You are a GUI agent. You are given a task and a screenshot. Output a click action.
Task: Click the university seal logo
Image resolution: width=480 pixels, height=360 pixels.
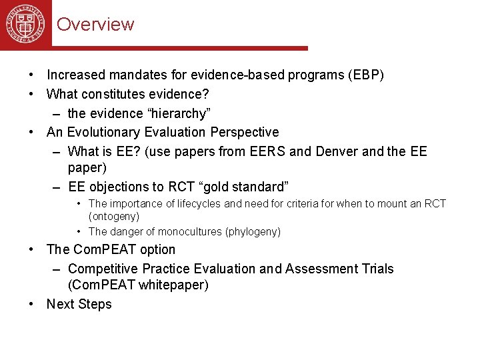pyautogui.click(x=25, y=24)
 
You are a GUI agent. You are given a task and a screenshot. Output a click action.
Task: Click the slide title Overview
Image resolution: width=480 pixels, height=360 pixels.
pyautogui.click(x=95, y=25)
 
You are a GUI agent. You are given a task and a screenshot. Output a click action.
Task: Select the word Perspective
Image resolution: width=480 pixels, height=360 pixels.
pyautogui.click(x=245, y=132)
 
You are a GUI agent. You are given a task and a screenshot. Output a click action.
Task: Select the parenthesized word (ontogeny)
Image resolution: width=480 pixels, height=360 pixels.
pyautogui.click(x=114, y=217)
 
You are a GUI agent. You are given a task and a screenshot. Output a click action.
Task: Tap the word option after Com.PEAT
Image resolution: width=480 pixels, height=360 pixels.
pyautogui.click(x=157, y=250)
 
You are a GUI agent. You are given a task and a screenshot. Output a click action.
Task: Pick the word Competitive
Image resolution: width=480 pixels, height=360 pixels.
pyautogui.click(x=100, y=269)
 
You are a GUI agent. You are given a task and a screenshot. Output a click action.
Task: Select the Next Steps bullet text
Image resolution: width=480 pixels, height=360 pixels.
pyautogui.click(x=79, y=304)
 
